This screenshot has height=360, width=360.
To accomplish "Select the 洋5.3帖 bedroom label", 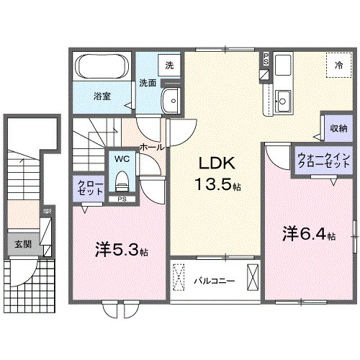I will [122, 252].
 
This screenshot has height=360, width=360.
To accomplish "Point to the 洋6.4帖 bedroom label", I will [308, 234].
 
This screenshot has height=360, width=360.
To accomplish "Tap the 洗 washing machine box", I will [169, 65].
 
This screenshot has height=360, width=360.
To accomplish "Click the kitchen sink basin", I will [283, 99].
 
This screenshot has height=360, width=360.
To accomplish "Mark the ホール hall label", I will [150, 146].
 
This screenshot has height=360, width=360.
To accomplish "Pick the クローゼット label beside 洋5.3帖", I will [90, 189].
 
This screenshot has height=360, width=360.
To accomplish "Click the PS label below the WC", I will [122, 198].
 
